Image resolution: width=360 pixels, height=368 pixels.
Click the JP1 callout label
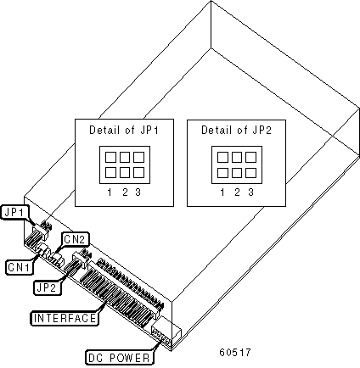click(15, 213)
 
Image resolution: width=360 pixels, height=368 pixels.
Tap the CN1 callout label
click(19, 267)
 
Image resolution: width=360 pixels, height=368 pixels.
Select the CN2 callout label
click(75, 239)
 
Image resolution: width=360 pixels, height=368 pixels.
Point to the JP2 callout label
click(48, 287)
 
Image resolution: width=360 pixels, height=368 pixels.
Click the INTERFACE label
click(65, 318)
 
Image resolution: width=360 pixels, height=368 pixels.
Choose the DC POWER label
click(119, 358)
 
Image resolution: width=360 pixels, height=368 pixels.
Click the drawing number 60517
click(235, 353)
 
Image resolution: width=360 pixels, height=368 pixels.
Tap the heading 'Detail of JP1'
click(124, 131)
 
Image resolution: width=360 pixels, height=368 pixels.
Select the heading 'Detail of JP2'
click(236, 131)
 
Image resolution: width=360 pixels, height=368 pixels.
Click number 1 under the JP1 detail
click(110, 192)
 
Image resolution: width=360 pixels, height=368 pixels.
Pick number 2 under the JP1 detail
click(125, 192)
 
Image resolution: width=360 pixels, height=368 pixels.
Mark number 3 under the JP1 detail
click(138, 192)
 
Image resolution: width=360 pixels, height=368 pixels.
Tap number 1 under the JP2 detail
click(222, 192)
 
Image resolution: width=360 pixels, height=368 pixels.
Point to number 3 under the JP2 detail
click(250, 192)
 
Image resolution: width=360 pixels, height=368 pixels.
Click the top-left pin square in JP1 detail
click(110, 157)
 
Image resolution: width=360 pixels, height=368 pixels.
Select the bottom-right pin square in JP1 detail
click(138, 172)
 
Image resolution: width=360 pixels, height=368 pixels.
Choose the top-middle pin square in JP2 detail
click(237, 157)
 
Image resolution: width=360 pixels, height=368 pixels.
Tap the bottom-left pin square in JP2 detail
click(222, 172)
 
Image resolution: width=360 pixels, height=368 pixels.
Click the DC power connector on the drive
click(166, 333)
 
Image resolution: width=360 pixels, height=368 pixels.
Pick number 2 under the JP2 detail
click(237, 192)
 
